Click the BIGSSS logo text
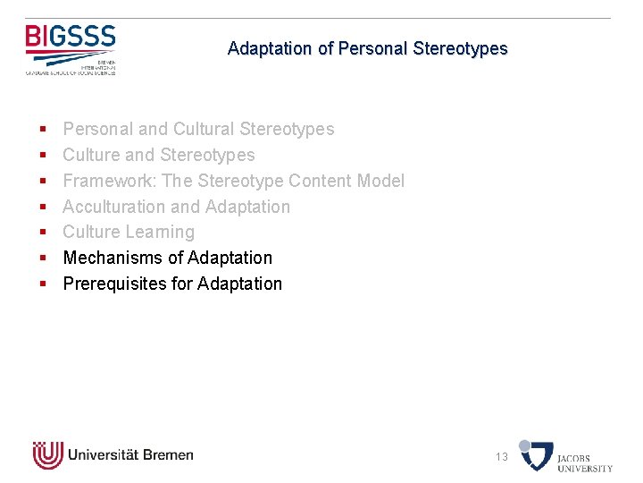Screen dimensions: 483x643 (71, 38)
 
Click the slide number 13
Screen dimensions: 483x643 (502, 457)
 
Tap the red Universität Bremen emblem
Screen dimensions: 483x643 (47, 455)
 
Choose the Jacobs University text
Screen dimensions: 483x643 (585, 462)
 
